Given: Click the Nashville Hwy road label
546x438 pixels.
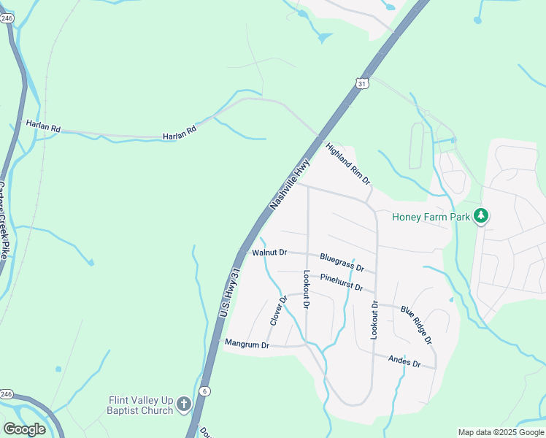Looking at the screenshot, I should [290, 182].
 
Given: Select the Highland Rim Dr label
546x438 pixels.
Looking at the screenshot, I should [347, 163].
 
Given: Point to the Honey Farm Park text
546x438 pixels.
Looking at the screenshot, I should [431, 216].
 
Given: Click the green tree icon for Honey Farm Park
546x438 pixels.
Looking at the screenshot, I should [480, 216].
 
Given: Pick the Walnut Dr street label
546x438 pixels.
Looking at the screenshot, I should [269, 253].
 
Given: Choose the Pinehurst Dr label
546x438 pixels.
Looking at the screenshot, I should [341, 284].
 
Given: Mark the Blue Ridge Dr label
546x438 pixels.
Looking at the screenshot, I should [416, 325].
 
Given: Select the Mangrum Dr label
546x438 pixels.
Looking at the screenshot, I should [247, 343].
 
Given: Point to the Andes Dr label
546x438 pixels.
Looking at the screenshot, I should [404, 361].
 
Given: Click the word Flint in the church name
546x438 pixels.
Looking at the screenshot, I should [120, 400].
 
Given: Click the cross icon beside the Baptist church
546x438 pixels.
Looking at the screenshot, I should [184, 404].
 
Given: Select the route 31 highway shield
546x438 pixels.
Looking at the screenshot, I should [362, 83].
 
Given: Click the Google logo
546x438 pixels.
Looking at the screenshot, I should [24, 429].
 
